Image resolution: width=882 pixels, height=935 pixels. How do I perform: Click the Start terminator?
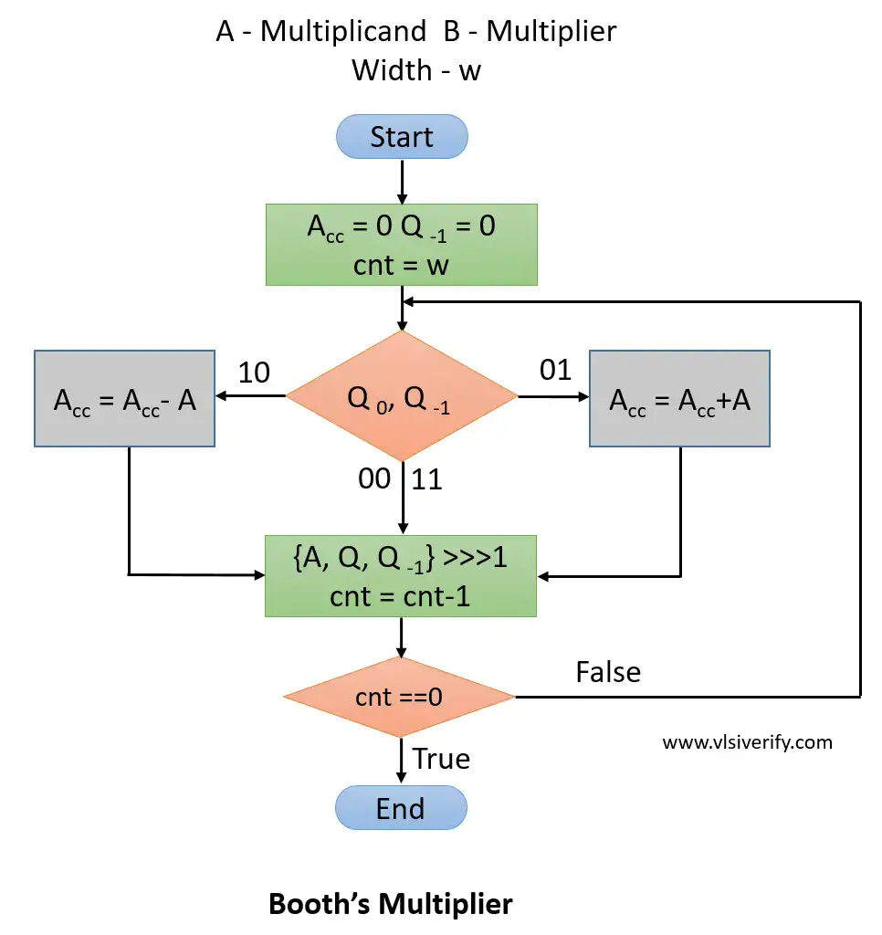click(402, 137)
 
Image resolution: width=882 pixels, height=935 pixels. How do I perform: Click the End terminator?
click(401, 808)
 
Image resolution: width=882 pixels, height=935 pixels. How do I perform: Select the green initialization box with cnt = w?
click(401, 244)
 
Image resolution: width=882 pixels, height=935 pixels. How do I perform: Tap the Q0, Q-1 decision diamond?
click(402, 396)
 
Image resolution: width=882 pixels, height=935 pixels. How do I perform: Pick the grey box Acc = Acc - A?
click(125, 399)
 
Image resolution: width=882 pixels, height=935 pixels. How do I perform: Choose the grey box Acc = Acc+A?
click(679, 399)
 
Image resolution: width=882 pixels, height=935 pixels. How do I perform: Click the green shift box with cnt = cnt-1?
click(401, 576)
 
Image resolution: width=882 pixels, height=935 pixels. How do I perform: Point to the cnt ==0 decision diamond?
click(400, 698)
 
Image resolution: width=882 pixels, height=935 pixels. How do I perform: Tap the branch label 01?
click(555, 370)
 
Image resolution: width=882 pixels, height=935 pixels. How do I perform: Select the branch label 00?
click(374, 478)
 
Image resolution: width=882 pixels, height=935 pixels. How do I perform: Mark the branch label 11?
click(427, 478)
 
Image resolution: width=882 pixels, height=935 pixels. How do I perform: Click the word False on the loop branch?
click(608, 672)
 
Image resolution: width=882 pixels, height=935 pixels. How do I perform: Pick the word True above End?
click(441, 759)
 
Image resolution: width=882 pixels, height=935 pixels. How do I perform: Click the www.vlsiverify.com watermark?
click(747, 741)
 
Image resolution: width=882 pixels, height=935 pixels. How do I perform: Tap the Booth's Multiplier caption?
click(391, 904)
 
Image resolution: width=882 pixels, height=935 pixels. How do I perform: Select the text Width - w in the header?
click(416, 70)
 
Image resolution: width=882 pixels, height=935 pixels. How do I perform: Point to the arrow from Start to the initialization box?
click(402, 181)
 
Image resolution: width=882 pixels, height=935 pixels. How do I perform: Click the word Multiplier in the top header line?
click(551, 31)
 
